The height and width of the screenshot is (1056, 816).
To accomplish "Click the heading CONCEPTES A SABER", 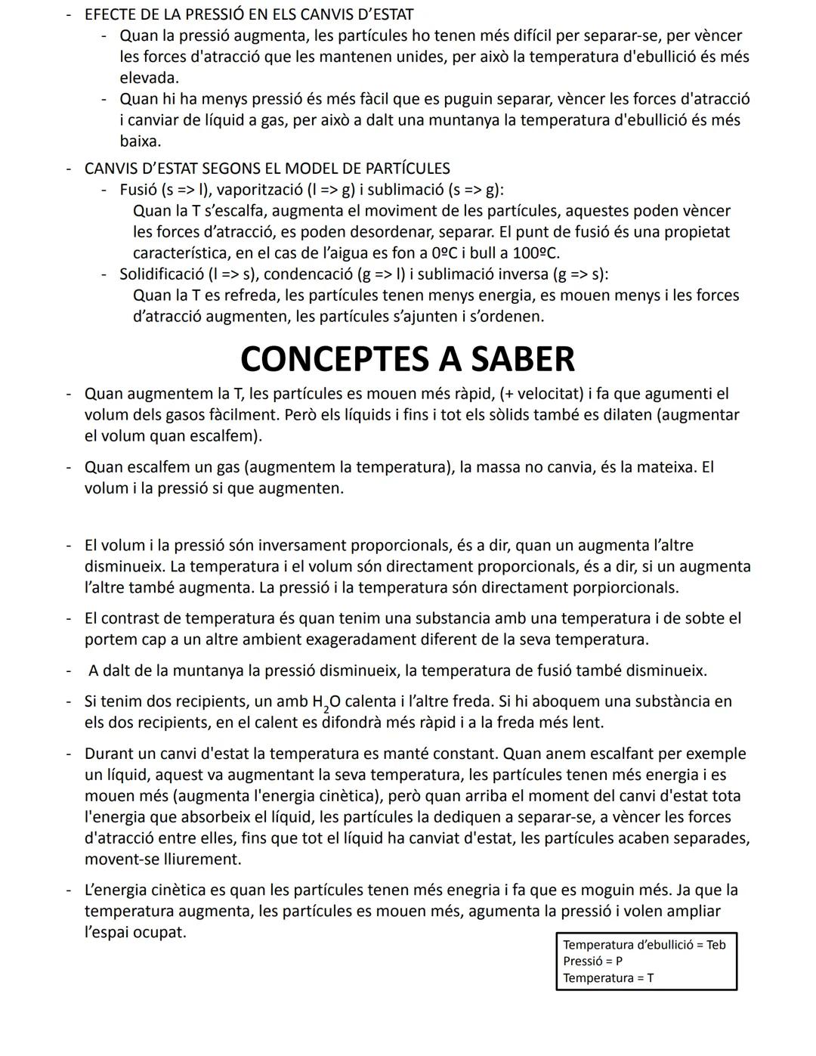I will point(407,359).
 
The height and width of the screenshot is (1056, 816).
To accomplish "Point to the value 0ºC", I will point(451,252).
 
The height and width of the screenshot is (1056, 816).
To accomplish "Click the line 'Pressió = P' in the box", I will point(592,961).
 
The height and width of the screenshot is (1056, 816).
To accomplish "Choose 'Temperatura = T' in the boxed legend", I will point(608,977).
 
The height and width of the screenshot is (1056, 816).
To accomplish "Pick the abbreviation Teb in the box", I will point(715,944).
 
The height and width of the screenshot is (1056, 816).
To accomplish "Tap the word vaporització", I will point(252,189).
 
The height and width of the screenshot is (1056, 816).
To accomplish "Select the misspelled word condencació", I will point(308,274).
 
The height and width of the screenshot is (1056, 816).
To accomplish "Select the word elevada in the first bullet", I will point(149,77).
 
